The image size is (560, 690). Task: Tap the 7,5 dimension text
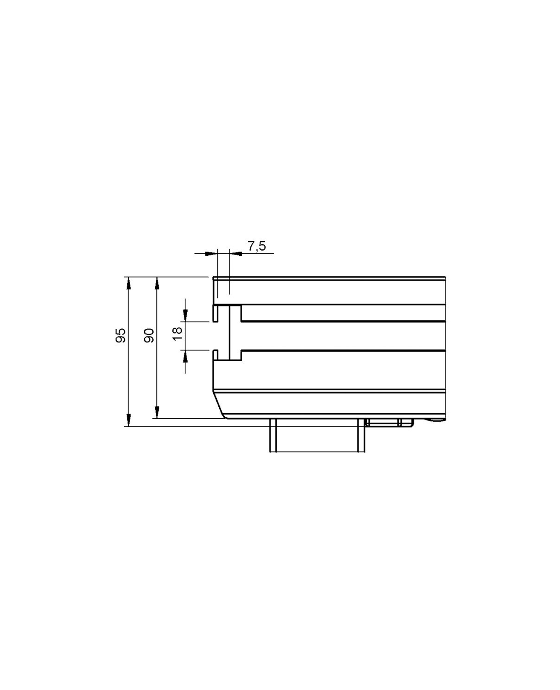[x=256, y=246]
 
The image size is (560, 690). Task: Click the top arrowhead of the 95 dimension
[x=128, y=283]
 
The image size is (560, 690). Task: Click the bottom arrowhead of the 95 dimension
[x=128, y=420]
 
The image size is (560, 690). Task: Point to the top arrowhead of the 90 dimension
[x=157, y=283]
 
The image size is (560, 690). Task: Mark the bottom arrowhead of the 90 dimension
[x=157, y=412]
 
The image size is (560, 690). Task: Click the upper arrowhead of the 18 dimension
[x=185, y=316]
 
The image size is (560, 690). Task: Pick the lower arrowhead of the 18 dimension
[x=185, y=356]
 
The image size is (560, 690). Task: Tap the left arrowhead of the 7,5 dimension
[x=210, y=253]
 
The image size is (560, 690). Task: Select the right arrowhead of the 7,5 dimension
[x=236, y=253]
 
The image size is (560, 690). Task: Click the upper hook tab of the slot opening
[x=215, y=314]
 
